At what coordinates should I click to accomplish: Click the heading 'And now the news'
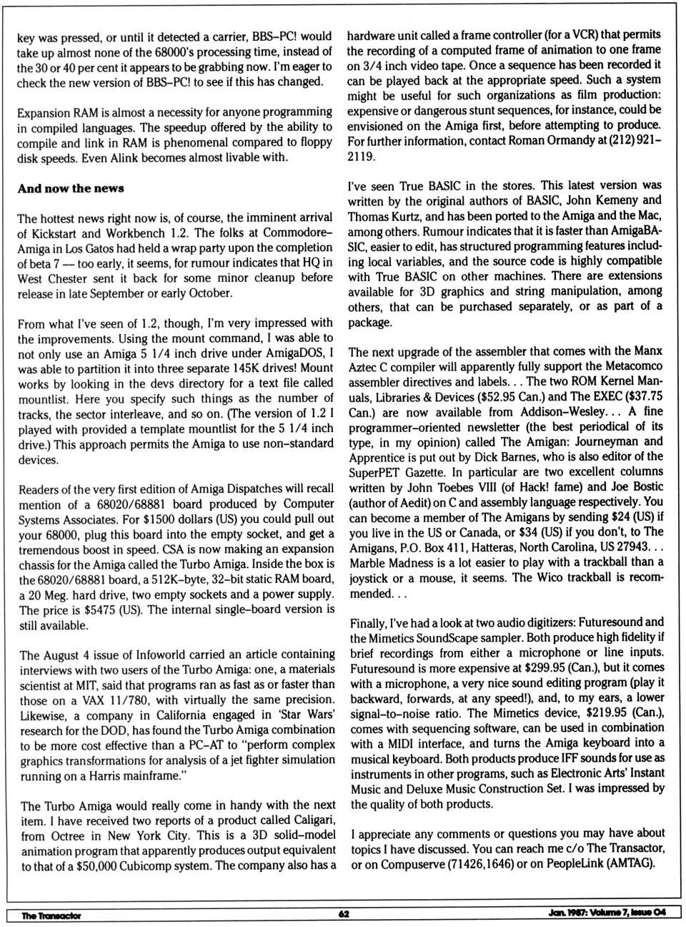[x=71, y=188]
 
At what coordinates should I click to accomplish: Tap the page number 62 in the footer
[x=344, y=914]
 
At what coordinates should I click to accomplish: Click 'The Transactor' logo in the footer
[x=51, y=916]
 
